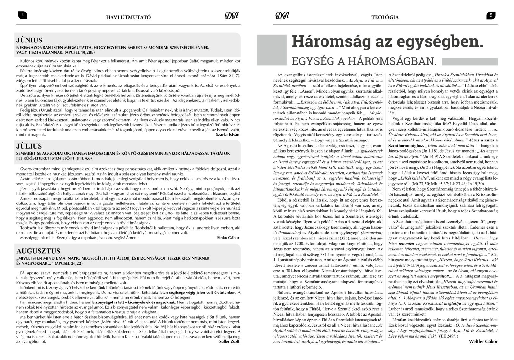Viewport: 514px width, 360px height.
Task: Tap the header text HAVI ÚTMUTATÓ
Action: coord(128,17)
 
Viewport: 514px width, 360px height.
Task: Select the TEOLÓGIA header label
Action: coord(385,17)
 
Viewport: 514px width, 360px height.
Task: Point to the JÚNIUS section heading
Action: coord(29,40)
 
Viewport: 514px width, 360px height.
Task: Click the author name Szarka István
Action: coord(228,135)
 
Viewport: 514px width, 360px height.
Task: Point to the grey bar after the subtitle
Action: coord(470,61)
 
